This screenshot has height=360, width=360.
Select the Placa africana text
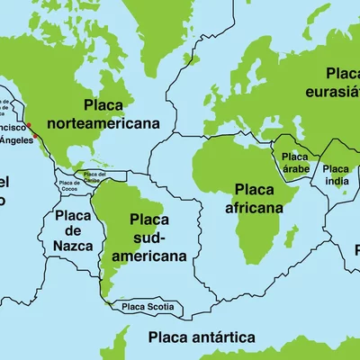[254, 198]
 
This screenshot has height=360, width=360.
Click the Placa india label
[336, 174]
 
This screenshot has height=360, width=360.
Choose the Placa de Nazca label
[72, 230]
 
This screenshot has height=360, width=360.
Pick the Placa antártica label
[202, 338]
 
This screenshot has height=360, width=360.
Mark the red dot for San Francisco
[28, 125]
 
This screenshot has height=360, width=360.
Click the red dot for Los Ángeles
[35, 137]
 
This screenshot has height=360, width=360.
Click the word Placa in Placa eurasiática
[343, 73]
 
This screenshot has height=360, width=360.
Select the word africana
[254, 207]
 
